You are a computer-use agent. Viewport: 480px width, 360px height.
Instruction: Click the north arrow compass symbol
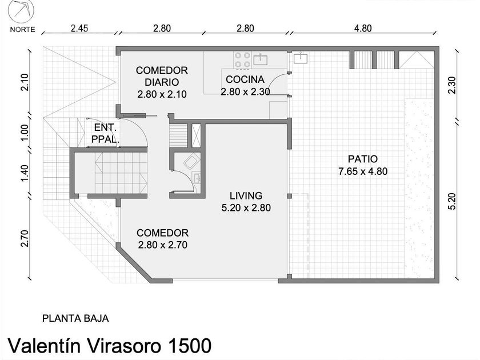pyautogui.click(x=21, y=10)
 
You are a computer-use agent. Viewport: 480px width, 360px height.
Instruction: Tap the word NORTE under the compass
pyautogui.click(x=23, y=30)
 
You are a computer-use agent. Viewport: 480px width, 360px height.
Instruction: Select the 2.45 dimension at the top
pyautogui.click(x=79, y=28)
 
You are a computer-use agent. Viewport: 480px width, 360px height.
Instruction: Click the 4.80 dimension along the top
pyautogui.click(x=363, y=28)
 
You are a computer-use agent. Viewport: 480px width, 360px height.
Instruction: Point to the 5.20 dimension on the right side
pyautogui.click(x=452, y=201)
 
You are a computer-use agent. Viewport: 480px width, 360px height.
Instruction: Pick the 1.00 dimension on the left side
pyautogui.click(x=25, y=132)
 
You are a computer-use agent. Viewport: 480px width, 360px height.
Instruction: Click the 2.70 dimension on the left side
pyautogui.click(x=25, y=238)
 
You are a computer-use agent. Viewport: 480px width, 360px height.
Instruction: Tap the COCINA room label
pyautogui.click(x=245, y=79)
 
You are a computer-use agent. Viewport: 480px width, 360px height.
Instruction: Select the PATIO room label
pyautogui.click(x=363, y=159)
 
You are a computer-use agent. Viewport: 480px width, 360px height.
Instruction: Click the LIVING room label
pyautogui.click(x=246, y=195)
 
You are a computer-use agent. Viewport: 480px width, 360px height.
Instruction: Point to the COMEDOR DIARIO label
pyautogui.click(x=162, y=76)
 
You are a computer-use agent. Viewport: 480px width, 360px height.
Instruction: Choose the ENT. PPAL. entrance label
pyautogui.click(x=105, y=134)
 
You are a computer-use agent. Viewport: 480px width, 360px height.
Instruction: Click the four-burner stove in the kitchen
pyautogui.click(x=243, y=60)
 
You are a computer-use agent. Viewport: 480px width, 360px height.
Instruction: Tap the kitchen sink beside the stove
pyautogui.click(x=260, y=59)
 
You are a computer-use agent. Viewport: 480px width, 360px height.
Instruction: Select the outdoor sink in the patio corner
pyautogui.click(x=301, y=58)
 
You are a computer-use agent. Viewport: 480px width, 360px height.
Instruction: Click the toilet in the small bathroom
pyautogui.click(x=191, y=161)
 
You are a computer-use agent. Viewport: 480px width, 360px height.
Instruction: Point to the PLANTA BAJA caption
pyautogui.click(x=75, y=318)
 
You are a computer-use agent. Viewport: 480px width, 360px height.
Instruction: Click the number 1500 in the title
pyautogui.click(x=190, y=346)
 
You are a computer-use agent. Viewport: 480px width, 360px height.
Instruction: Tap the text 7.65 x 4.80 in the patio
pyautogui.click(x=363, y=171)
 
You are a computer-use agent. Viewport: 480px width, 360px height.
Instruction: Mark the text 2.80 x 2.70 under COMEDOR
pyautogui.click(x=162, y=245)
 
